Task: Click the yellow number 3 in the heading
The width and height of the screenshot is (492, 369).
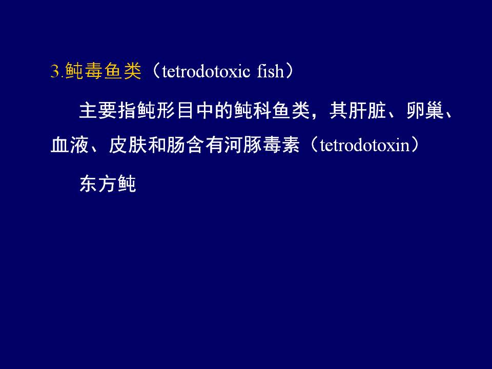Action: [55, 71]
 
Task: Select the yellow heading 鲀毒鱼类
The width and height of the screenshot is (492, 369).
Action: [103, 71]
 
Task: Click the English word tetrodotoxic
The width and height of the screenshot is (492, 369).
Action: [206, 71]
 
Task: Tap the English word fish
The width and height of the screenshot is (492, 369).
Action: [270, 71]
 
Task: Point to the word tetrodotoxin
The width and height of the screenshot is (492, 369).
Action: [365, 145]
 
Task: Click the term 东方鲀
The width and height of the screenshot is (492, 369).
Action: [108, 183]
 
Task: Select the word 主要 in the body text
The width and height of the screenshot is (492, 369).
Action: [98, 110]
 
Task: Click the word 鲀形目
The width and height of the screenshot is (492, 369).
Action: [156, 110]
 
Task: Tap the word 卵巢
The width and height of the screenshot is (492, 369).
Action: [425, 110]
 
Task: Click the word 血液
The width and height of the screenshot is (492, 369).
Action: [70, 145]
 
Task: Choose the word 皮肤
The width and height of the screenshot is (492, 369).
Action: [128, 145]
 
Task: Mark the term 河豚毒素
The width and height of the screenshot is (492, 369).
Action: [262, 145]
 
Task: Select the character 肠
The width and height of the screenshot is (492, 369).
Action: [176, 145]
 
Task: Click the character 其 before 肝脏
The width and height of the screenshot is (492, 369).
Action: [338, 110]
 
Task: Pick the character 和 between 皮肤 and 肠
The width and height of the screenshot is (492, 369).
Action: [157, 145]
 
